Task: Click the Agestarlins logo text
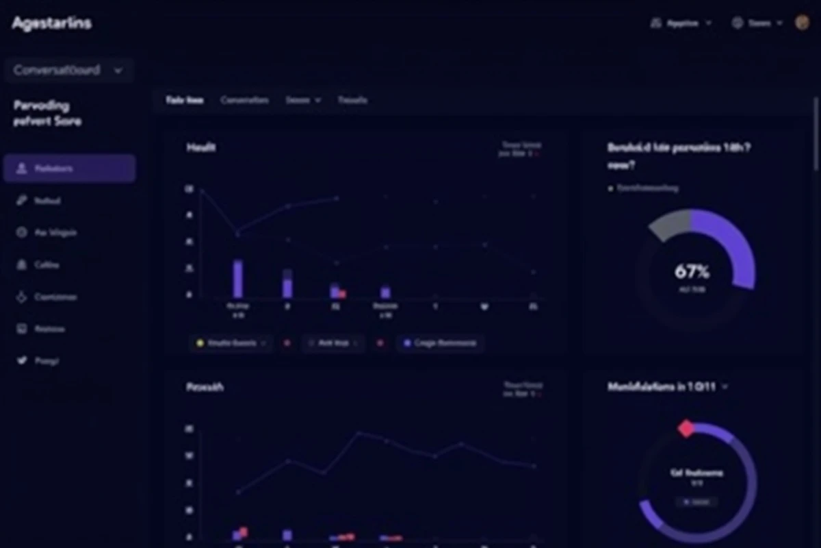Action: coord(51,23)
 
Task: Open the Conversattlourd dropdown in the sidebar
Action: coord(68,70)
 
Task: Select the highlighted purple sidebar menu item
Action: coord(69,169)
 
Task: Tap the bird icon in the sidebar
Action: coord(21,360)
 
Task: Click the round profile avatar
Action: coord(802,23)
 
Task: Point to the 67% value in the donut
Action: coord(692,272)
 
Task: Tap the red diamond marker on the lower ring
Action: coord(686,429)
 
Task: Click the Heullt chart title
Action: coord(201,147)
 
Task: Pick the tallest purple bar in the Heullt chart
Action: coord(237,279)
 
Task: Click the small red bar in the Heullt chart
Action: coord(342,294)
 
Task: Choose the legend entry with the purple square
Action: coord(440,342)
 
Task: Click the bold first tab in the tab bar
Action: coord(185,100)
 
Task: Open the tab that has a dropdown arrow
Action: coord(303,100)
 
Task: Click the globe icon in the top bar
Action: coord(738,23)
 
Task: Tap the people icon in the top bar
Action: coord(656,23)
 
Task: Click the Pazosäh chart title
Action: coord(205,387)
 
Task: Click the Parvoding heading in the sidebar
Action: coord(42,106)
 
